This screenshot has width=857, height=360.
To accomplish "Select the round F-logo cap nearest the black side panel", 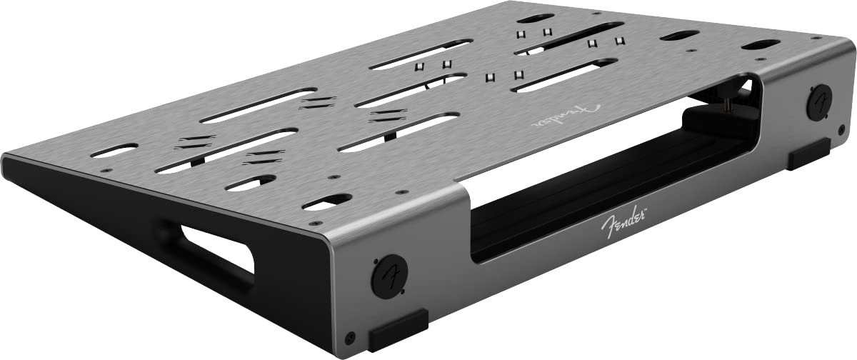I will (x=389, y=276).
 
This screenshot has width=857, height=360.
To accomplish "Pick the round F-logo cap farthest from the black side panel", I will (x=818, y=102).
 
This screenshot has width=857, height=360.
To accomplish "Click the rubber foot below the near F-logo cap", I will (x=398, y=330).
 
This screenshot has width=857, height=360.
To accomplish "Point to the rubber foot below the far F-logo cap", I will (x=808, y=154).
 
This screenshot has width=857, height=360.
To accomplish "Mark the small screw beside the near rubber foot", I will (x=349, y=338).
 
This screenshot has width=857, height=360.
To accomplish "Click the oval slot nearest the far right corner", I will (x=761, y=45).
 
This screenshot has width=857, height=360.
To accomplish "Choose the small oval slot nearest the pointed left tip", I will (x=114, y=150).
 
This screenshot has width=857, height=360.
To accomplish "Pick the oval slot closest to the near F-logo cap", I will (x=327, y=201).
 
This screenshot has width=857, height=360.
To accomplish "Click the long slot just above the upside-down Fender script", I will (x=564, y=75).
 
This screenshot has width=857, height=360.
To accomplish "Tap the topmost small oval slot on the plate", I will (x=536, y=18).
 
